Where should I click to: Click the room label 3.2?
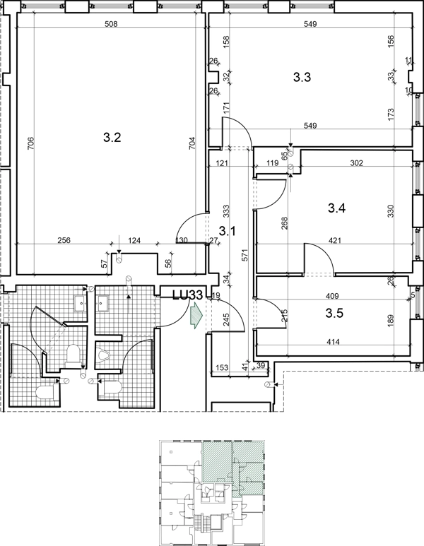pyautogui.click(x=112, y=138)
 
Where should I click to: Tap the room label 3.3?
pyautogui.click(x=302, y=77)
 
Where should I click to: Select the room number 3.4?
pyautogui.click(x=336, y=208)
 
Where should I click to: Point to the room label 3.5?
pyautogui.click(x=334, y=313)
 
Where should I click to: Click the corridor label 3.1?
pyautogui.click(x=227, y=230)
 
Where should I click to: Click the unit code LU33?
pyautogui.click(x=188, y=295)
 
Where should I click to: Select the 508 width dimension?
pyautogui.click(x=111, y=24)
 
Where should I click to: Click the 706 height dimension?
pyautogui.click(x=30, y=143)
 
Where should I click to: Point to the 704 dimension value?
pyautogui.click(x=192, y=143)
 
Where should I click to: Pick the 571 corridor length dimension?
pyautogui.click(x=245, y=255)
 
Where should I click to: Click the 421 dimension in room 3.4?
pyautogui.click(x=334, y=240)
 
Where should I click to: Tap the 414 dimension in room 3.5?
pyautogui.click(x=333, y=342)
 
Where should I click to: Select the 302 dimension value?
pyautogui.click(x=356, y=163)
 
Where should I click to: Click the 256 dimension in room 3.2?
pyautogui.click(x=64, y=240)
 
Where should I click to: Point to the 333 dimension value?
pyautogui.click(x=226, y=211)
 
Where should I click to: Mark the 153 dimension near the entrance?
pyautogui.click(x=222, y=367)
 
